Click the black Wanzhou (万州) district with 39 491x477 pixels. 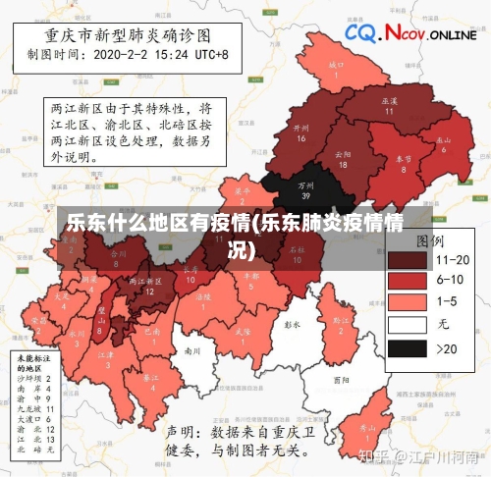(x=306, y=187)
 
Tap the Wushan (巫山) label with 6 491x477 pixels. (x=444, y=143)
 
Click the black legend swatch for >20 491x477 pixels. (x=408, y=347)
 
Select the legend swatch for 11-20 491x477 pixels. (x=408, y=259)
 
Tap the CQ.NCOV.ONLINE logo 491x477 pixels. (x=409, y=35)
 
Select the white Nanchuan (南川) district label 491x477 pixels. (x=192, y=350)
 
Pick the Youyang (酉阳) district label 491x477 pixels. (x=341, y=378)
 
